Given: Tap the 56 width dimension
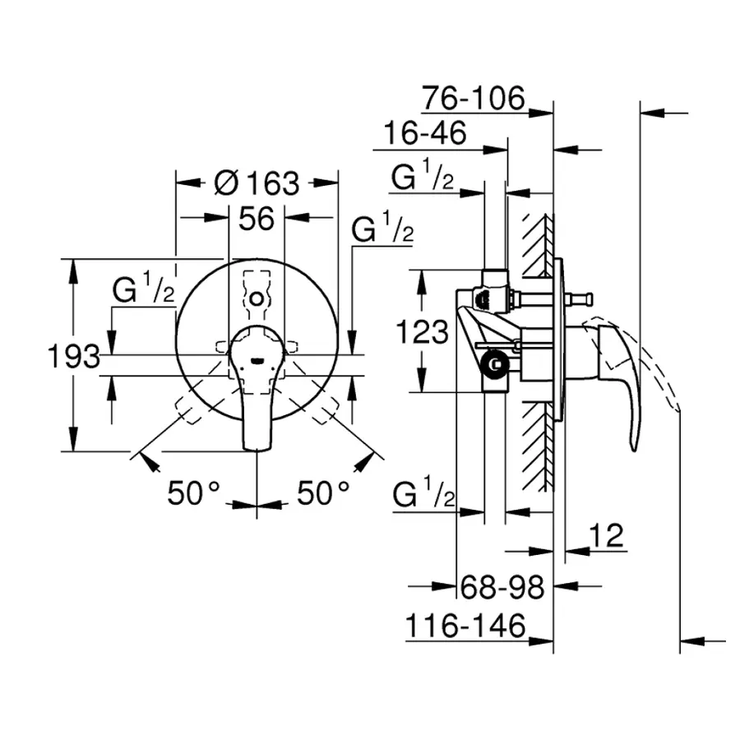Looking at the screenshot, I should click(x=256, y=219).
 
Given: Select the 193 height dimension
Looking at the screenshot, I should click(x=73, y=357).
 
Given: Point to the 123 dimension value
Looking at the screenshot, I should click(x=422, y=332).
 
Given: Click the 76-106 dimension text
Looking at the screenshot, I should click(x=474, y=99).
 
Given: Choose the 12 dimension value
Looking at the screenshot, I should click(x=608, y=535).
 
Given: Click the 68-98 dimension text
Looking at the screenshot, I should click(x=502, y=587).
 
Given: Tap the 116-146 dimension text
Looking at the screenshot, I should click(x=465, y=627).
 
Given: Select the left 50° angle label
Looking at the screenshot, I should click(x=194, y=493).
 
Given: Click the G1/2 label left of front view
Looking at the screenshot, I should click(x=144, y=290).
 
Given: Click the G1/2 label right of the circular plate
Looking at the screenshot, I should click(x=382, y=229).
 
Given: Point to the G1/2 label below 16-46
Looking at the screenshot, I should click(x=423, y=178).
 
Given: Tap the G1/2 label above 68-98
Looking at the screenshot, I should click(x=424, y=495).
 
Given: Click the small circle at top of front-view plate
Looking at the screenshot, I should click(x=257, y=298).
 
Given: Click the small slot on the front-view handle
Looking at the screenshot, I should click(x=257, y=358).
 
